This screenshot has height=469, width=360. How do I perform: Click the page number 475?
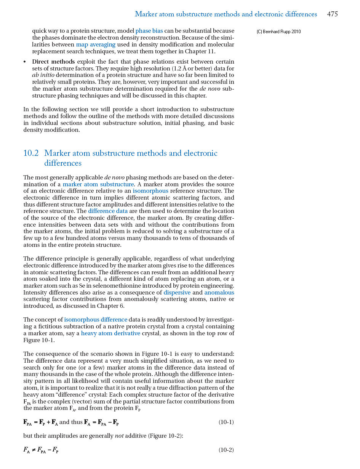tap(332, 14)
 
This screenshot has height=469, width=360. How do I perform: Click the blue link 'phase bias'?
tap(149, 31)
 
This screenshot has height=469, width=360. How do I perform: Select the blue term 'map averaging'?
tap(96, 45)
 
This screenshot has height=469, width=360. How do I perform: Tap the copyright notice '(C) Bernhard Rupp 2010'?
tap(278, 32)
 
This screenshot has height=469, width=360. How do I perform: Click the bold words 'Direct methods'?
tap(53, 62)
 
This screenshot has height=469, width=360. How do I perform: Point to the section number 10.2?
tap(31, 153)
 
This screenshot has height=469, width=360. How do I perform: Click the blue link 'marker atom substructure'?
tap(98, 184)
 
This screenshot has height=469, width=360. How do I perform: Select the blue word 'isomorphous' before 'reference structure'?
tap(150, 191)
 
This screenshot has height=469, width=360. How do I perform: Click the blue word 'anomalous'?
tap(219, 293)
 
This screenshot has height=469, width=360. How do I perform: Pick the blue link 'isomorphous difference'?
tap(96, 320)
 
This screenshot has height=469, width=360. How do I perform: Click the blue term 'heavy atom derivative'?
tap(110, 333)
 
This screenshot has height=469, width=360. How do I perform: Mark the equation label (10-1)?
tap(226, 422)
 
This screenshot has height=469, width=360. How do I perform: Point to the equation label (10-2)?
tap(226, 450)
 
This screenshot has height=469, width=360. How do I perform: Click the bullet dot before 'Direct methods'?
tap(25, 62)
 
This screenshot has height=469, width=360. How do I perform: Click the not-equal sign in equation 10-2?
tap(33, 450)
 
